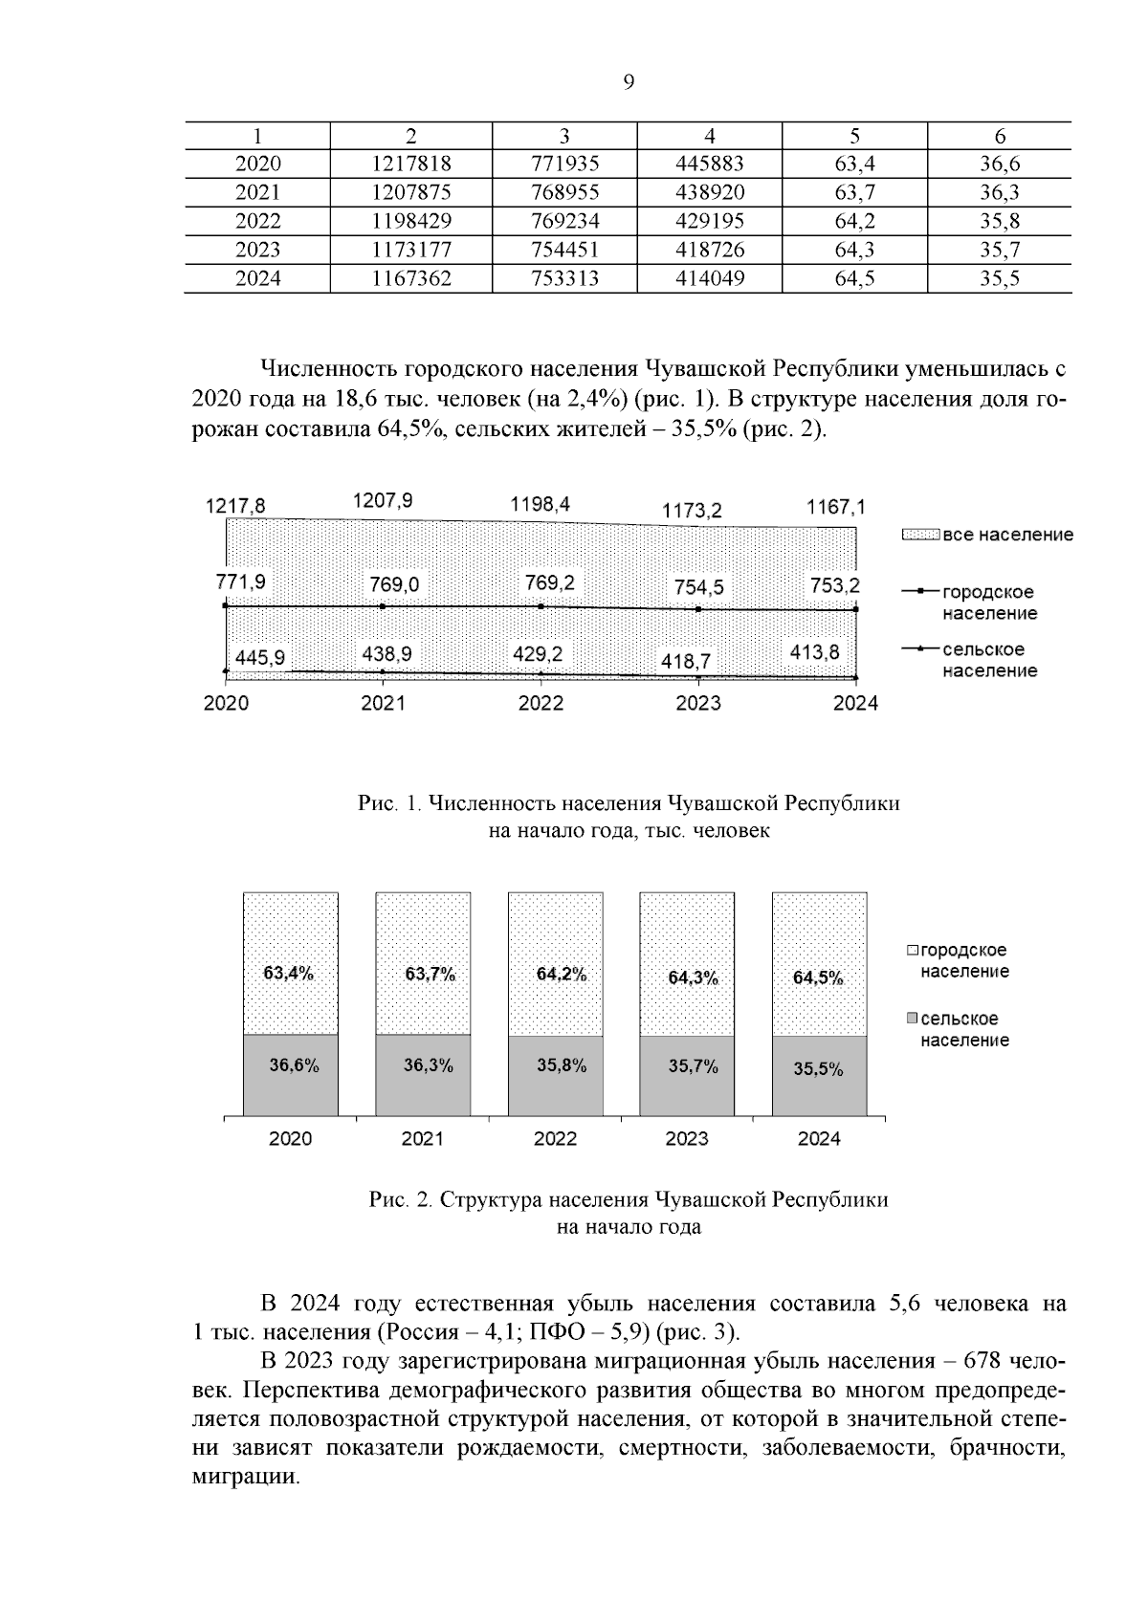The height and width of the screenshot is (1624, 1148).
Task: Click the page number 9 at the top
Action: click(629, 82)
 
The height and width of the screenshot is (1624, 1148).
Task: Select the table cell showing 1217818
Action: click(410, 164)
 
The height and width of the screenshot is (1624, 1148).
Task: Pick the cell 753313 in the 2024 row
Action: click(564, 278)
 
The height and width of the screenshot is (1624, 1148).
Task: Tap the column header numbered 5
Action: click(854, 136)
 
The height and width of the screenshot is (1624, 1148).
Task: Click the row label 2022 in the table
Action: click(257, 221)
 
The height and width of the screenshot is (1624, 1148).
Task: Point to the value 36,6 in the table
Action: click(999, 164)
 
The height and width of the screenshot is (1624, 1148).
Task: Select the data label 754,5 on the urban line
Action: click(698, 587)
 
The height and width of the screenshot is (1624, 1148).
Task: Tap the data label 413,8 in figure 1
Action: click(814, 652)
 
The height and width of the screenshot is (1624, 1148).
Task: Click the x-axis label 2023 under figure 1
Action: click(698, 704)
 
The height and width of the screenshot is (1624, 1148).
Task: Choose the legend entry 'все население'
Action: click(1007, 535)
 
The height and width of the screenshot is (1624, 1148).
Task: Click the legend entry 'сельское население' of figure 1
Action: click(988, 660)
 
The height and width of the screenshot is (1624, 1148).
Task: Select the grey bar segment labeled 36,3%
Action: click(423, 1075)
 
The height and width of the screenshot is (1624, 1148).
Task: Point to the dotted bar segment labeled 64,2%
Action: click(556, 964)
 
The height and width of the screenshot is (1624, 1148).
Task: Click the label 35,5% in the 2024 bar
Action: click(818, 1069)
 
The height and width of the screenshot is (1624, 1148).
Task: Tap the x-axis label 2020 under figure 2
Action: click(290, 1139)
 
